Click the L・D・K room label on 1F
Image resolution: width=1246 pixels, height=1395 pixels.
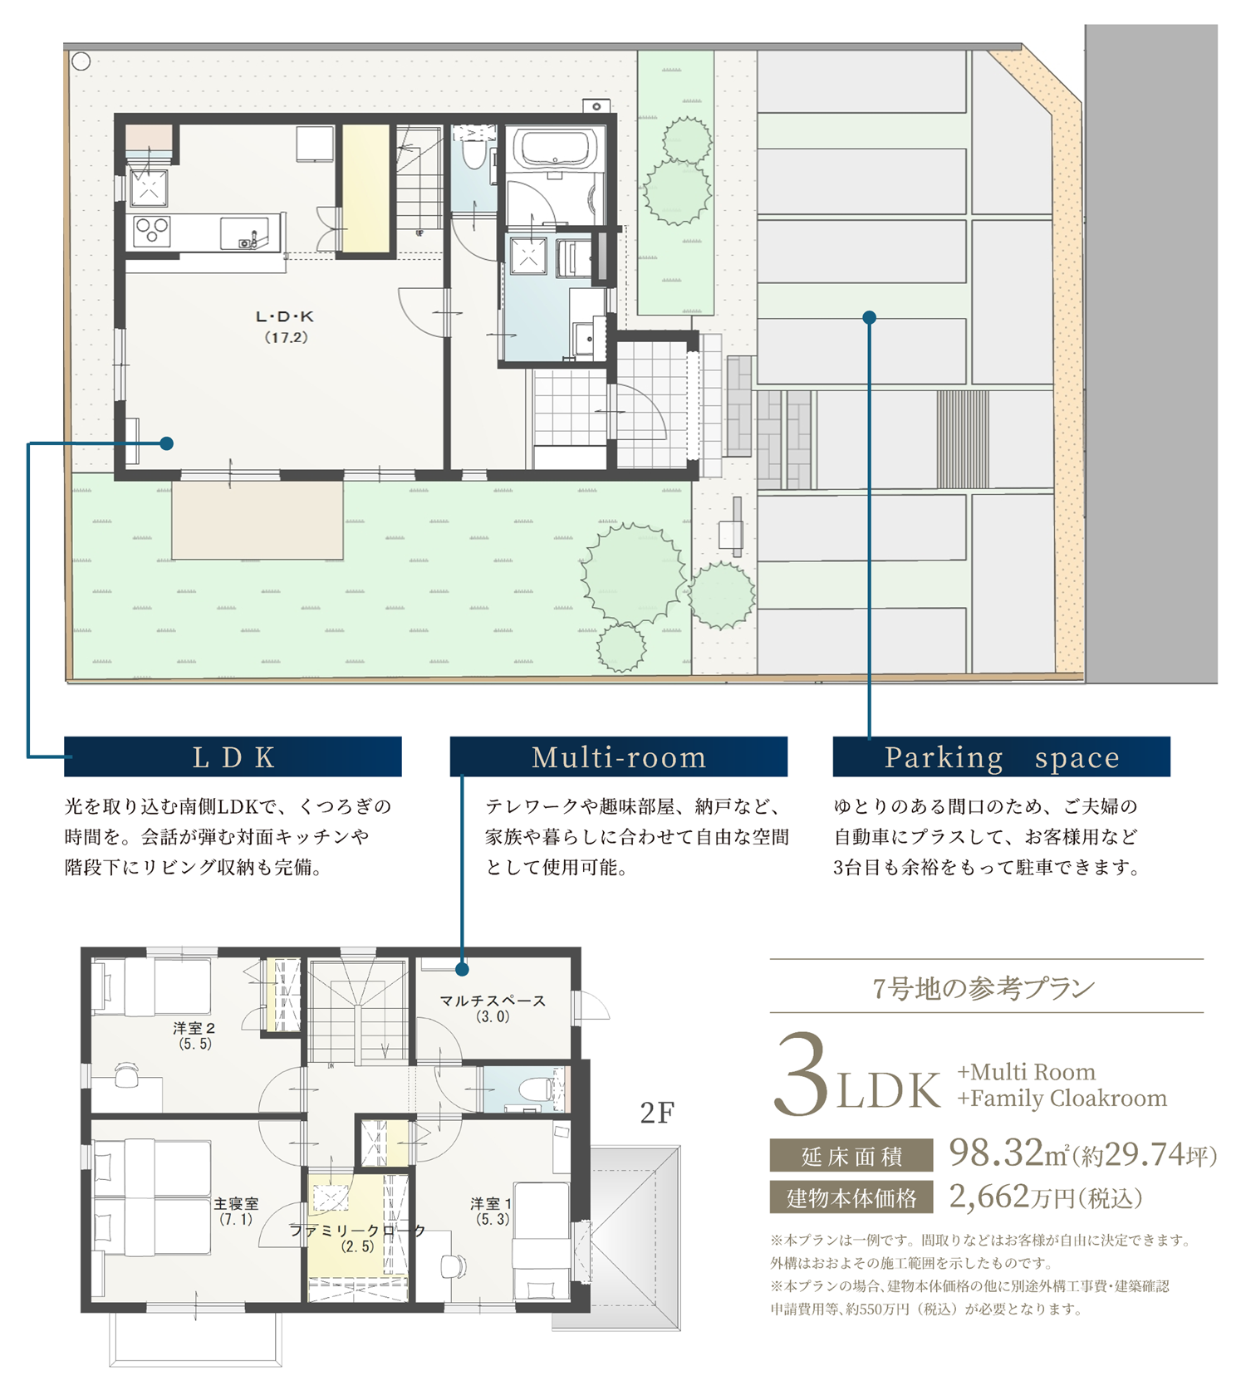(x=285, y=325)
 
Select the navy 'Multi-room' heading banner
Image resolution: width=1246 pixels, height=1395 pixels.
(x=618, y=756)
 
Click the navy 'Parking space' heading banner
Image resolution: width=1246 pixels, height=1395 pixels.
(x=1001, y=756)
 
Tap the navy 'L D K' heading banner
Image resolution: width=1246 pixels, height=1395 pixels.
(x=233, y=756)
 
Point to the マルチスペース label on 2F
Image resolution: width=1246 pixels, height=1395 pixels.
(x=493, y=1007)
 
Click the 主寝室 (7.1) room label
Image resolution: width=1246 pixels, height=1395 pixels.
(x=236, y=1211)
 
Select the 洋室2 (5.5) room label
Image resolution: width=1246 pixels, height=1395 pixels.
(x=194, y=1035)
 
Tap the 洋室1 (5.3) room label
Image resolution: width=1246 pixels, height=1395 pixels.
(x=492, y=1211)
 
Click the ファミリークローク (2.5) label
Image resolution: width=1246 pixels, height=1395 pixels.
(x=357, y=1237)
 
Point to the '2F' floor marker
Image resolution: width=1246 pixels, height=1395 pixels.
(x=657, y=1113)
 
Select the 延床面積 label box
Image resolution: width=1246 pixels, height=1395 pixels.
(x=851, y=1155)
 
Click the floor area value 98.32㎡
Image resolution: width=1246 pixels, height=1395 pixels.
(x=1007, y=1153)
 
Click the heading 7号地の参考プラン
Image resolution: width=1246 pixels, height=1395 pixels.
(x=985, y=987)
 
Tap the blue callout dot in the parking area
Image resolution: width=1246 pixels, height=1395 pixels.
(x=869, y=317)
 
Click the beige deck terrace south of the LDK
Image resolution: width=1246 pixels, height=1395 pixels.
(x=257, y=520)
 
